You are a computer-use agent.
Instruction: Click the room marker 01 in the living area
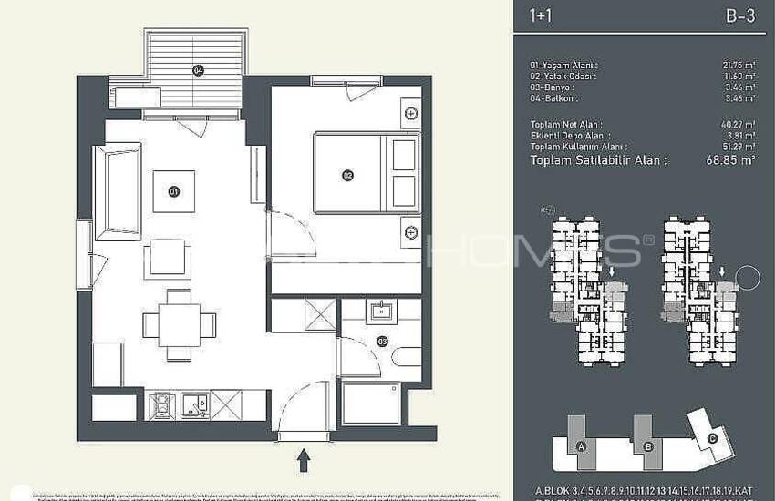coord(172,191)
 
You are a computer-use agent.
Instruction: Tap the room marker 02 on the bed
coord(347,175)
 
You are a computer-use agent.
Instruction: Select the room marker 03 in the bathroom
coord(382,342)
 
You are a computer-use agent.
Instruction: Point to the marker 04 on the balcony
coord(197,70)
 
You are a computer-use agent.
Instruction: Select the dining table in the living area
coord(179,323)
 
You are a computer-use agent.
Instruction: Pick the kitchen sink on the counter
coord(196,404)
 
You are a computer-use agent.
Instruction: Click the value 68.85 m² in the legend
coord(734,159)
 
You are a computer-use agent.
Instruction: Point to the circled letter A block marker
coord(581,446)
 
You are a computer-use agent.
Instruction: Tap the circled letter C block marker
coord(713,437)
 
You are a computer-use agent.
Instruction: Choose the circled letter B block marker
coord(647,446)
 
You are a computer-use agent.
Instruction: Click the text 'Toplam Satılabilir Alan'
coord(598,159)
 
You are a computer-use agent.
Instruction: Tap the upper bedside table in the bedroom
coord(411,113)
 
